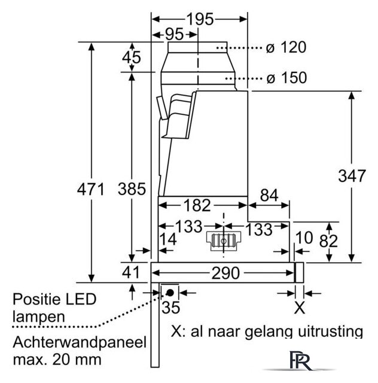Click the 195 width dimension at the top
point(200,19)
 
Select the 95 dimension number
point(175,34)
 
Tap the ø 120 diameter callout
point(286,47)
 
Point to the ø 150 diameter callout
point(286,78)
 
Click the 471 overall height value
point(91,189)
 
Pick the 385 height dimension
point(132,189)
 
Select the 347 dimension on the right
point(352,175)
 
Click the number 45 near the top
point(132,57)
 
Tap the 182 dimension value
point(197,205)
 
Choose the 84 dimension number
point(269,196)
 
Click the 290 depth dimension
point(225,273)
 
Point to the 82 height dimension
point(329,241)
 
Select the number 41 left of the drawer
point(131,272)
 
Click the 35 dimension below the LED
point(170,307)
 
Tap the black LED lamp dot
point(170,293)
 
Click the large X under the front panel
point(300,308)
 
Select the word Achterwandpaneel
point(80,342)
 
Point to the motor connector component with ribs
point(224,241)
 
